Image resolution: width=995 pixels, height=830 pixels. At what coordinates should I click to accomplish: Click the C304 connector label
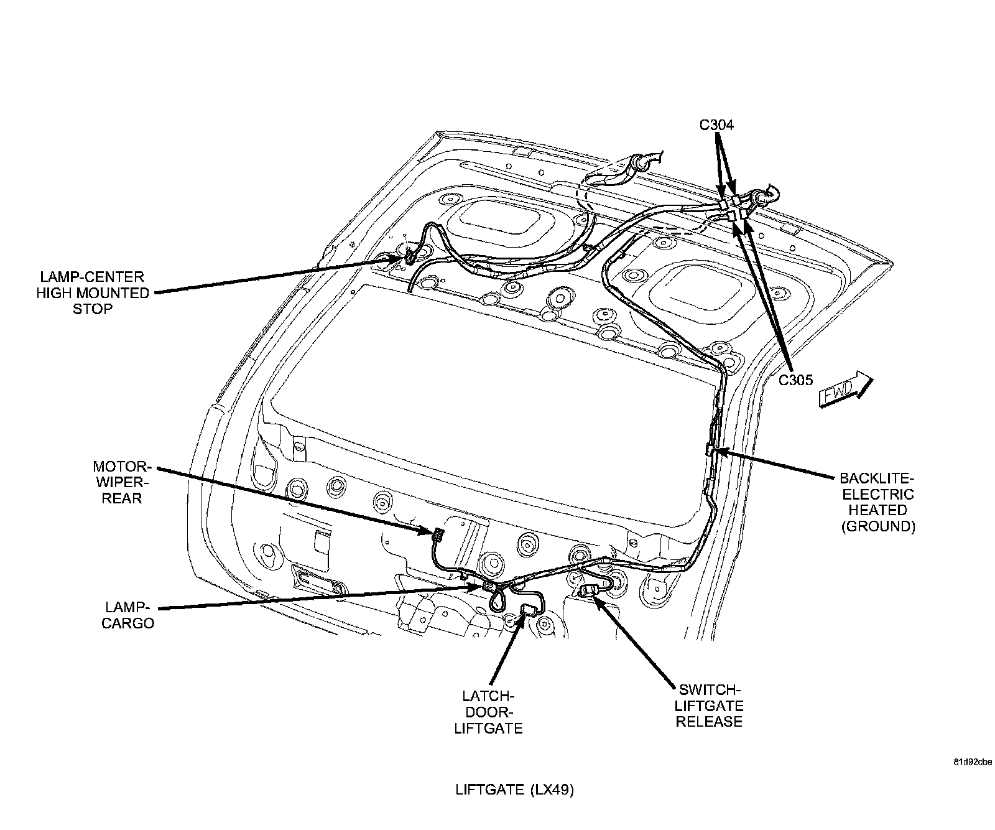coord(716,125)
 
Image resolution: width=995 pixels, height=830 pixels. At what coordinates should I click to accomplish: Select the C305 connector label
coord(796,380)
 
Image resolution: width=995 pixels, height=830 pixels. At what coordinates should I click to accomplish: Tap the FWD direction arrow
coord(846,389)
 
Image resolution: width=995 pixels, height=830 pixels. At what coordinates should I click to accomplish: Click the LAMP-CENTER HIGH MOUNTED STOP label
coord(93,292)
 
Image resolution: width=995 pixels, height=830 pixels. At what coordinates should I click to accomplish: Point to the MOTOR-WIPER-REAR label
coord(123,482)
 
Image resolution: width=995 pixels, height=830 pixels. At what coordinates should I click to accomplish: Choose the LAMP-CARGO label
coord(129,615)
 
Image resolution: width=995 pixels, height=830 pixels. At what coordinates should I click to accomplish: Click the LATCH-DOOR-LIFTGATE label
coord(488,712)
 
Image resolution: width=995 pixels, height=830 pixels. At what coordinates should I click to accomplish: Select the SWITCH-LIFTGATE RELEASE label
coord(710,706)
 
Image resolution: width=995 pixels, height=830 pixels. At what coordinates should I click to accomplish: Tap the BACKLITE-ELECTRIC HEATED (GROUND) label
coord(877,502)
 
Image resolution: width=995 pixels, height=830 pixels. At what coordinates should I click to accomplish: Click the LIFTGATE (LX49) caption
coord(514,790)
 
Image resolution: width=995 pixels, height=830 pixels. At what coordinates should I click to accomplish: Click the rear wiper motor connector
coord(437,533)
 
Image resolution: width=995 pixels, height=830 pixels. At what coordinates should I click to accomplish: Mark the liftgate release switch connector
coord(587,592)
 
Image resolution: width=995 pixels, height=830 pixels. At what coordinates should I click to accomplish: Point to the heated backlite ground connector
coord(710,449)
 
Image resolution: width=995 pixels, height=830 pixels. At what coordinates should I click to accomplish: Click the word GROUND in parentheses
coord(878,526)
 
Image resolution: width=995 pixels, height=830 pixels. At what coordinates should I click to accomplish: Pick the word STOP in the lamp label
coord(93,309)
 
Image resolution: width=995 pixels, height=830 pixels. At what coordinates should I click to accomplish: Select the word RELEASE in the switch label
coord(710,722)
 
